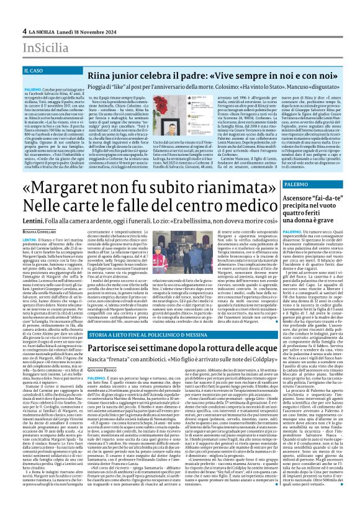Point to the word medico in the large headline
(242, 206)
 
